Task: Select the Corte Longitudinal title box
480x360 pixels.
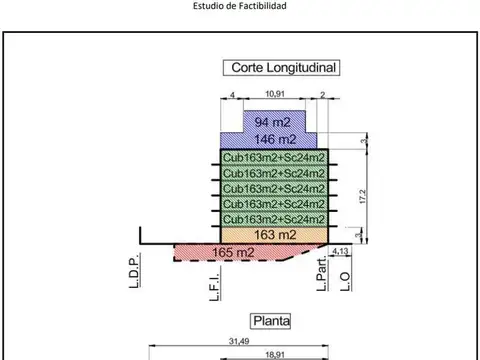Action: pos(280,68)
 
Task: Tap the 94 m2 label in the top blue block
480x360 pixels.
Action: pos(271,122)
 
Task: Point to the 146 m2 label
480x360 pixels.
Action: pos(273,139)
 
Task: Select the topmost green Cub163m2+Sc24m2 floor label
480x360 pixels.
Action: pos(273,157)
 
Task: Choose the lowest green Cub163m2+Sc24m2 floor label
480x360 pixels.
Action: pos(273,218)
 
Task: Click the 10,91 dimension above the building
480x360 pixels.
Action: pos(273,94)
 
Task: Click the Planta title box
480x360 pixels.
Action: pos(271,321)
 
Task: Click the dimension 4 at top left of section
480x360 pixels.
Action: pos(232,94)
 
